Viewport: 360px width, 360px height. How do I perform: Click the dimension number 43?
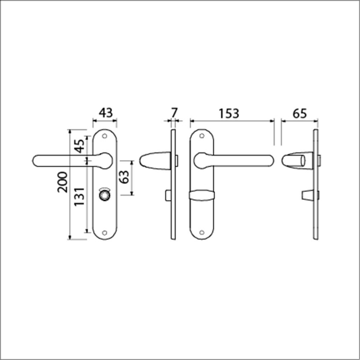click(x=105, y=113)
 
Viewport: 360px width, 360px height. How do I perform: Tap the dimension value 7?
click(x=174, y=113)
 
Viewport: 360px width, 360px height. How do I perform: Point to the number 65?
click(x=299, y=113)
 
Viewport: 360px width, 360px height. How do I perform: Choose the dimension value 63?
click(x=124, y=178)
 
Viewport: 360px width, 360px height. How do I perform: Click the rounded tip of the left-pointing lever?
click(x=36, y=160)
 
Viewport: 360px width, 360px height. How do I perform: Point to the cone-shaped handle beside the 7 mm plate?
click(x=151, y=160)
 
